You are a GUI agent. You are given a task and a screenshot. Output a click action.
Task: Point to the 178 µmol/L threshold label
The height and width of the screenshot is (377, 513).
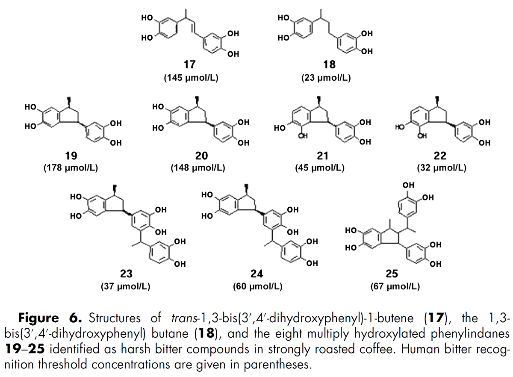pos(71,168)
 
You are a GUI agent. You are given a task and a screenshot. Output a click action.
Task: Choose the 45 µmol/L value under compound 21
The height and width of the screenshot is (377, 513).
pos(319,168)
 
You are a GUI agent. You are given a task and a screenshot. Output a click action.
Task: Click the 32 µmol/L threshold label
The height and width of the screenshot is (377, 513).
pos(442,168)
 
